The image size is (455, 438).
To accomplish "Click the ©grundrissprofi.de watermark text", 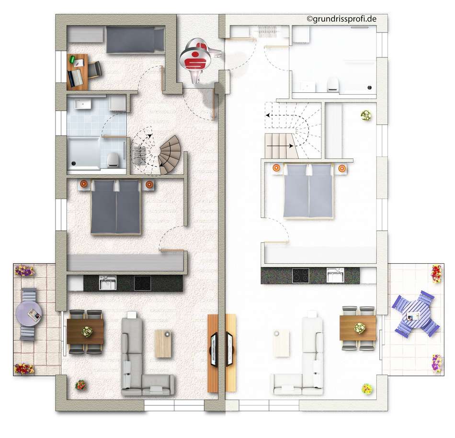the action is [x=341, y=19].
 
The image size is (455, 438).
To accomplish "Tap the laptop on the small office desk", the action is [x=75, y=78].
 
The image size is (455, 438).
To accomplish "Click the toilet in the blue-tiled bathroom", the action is [x=113, y=160].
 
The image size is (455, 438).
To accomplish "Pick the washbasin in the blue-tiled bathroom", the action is [x=83, y=104].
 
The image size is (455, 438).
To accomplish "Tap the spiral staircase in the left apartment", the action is [x=169, y=155].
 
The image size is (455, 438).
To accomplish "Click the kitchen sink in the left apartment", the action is [x=108, y=283].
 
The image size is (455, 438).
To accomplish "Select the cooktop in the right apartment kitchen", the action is [x=301, y=275].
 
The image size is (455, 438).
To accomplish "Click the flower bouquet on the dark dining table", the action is [x=86, y=332].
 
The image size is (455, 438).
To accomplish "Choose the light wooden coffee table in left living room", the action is [x=163, y=343].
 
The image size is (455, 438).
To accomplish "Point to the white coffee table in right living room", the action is [x=281, y=343].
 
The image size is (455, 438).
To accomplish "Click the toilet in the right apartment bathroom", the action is [x=333, y=84].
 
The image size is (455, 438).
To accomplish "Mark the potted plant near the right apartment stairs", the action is [x=366, y=115].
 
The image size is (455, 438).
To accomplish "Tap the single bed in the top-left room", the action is [x=135, y=40].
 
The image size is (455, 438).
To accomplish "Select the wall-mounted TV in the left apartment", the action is [x=214, y=349].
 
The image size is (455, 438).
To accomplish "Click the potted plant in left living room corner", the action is [x=80, y=385].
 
